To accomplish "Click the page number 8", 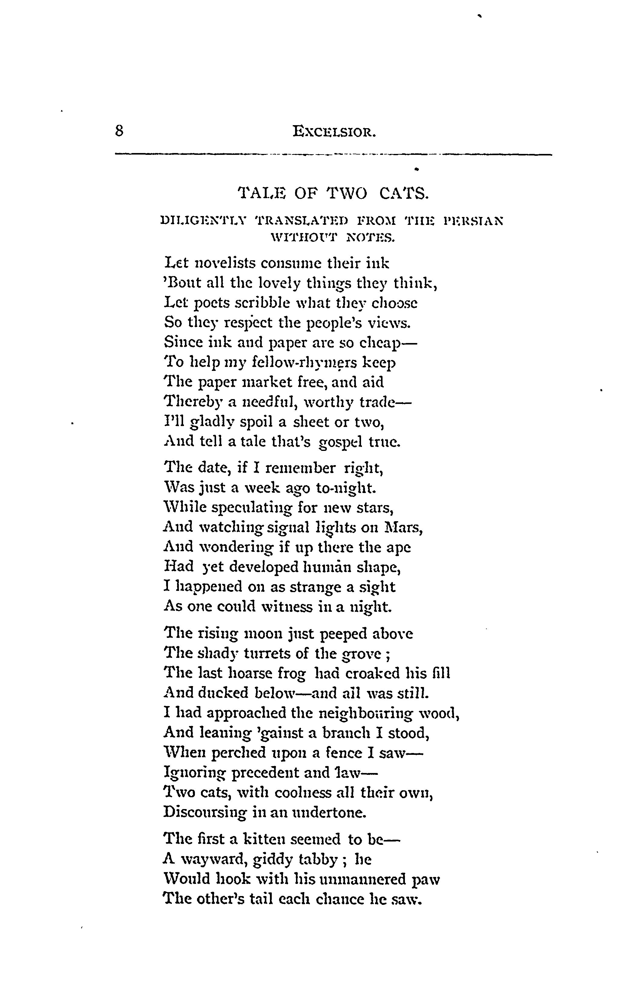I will pos(119,131).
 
